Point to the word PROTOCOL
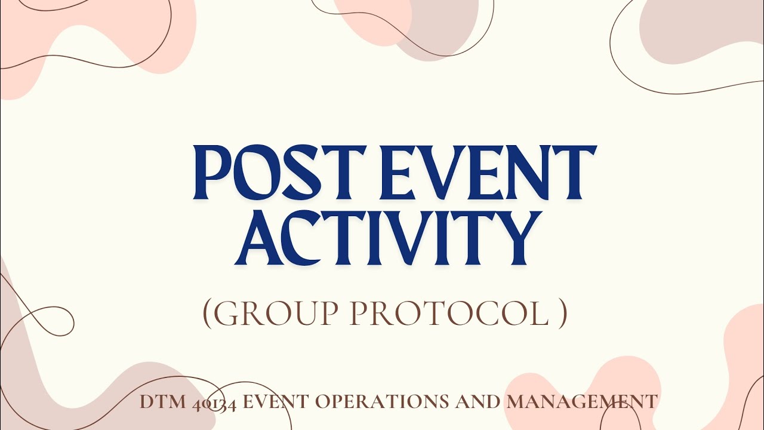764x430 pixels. pyautogui.click(x=448, y=314)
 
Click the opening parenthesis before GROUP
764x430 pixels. pyautogui.click(x=207, y=314)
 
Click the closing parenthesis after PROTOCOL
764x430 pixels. pyautogui.click(x=562, y=314)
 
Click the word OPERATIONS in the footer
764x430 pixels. pyautogui.click(x=383, y=402)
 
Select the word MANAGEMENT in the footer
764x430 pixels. pyautogui.click(x=581, y=402)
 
